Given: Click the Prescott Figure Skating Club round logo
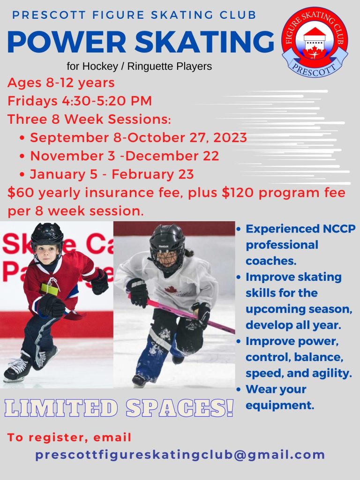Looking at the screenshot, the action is [315, 42].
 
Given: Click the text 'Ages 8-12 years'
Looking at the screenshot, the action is [61, 82].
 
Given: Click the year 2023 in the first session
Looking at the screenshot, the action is [230, 137].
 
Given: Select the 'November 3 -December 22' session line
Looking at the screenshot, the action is [124, 156].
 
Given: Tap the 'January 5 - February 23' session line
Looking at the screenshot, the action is [112, 174].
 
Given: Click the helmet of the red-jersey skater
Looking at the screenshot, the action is [47, 235].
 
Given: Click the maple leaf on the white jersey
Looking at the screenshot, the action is [171, 289].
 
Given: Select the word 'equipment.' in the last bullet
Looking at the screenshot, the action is [280, 405].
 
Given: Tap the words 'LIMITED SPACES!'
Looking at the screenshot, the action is [119, 408].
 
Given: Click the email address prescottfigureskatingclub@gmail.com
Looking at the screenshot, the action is [180, 455].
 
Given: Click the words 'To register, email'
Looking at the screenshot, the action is [69, 437].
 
